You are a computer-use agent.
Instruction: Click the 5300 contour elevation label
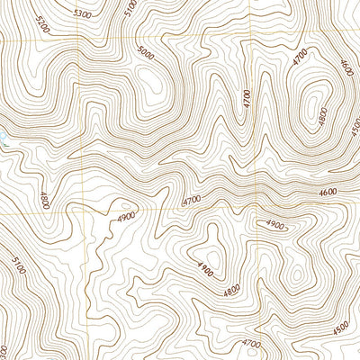tap(83, 14)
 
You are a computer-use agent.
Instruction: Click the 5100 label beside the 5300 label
tap(131, 9)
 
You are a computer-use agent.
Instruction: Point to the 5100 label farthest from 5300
tap(19, 267)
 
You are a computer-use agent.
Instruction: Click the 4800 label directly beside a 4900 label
tap(231, 291)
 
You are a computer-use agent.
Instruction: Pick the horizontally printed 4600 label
tap(328, 191)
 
